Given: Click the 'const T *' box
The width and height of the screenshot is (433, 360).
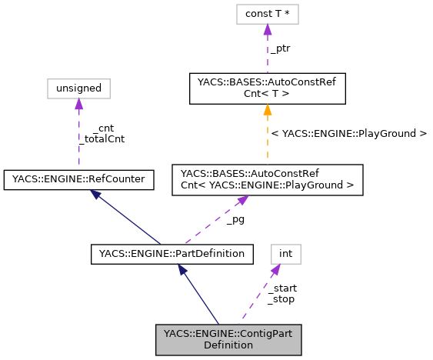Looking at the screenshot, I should (x=267, y=14).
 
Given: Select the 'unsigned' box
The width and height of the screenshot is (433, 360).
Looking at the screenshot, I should (x=78, y=88).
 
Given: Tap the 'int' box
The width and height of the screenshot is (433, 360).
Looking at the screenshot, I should (x=285, y=253).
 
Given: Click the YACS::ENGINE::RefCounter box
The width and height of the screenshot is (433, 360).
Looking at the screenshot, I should (x=78, y=180).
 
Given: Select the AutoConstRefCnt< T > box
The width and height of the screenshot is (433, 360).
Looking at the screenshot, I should (x=267, y=88).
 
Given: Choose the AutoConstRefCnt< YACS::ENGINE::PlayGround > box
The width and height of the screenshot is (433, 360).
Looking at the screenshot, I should (x=267, y=178).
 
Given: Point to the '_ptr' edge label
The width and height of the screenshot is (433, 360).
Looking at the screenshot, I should (x=279, y=48).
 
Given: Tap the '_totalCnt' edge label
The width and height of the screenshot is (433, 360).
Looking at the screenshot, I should (x=102, y=139).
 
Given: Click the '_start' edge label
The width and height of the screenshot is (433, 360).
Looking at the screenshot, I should (x=281, y=288).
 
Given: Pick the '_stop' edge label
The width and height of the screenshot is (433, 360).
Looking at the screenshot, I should (x=281, y=298).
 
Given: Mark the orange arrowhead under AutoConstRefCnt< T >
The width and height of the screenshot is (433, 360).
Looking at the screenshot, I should (x=267, y=110).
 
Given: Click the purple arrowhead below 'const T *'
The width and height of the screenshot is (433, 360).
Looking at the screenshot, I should (x=267, y=29).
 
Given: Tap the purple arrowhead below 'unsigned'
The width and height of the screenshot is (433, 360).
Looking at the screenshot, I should (x=78, y=104).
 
